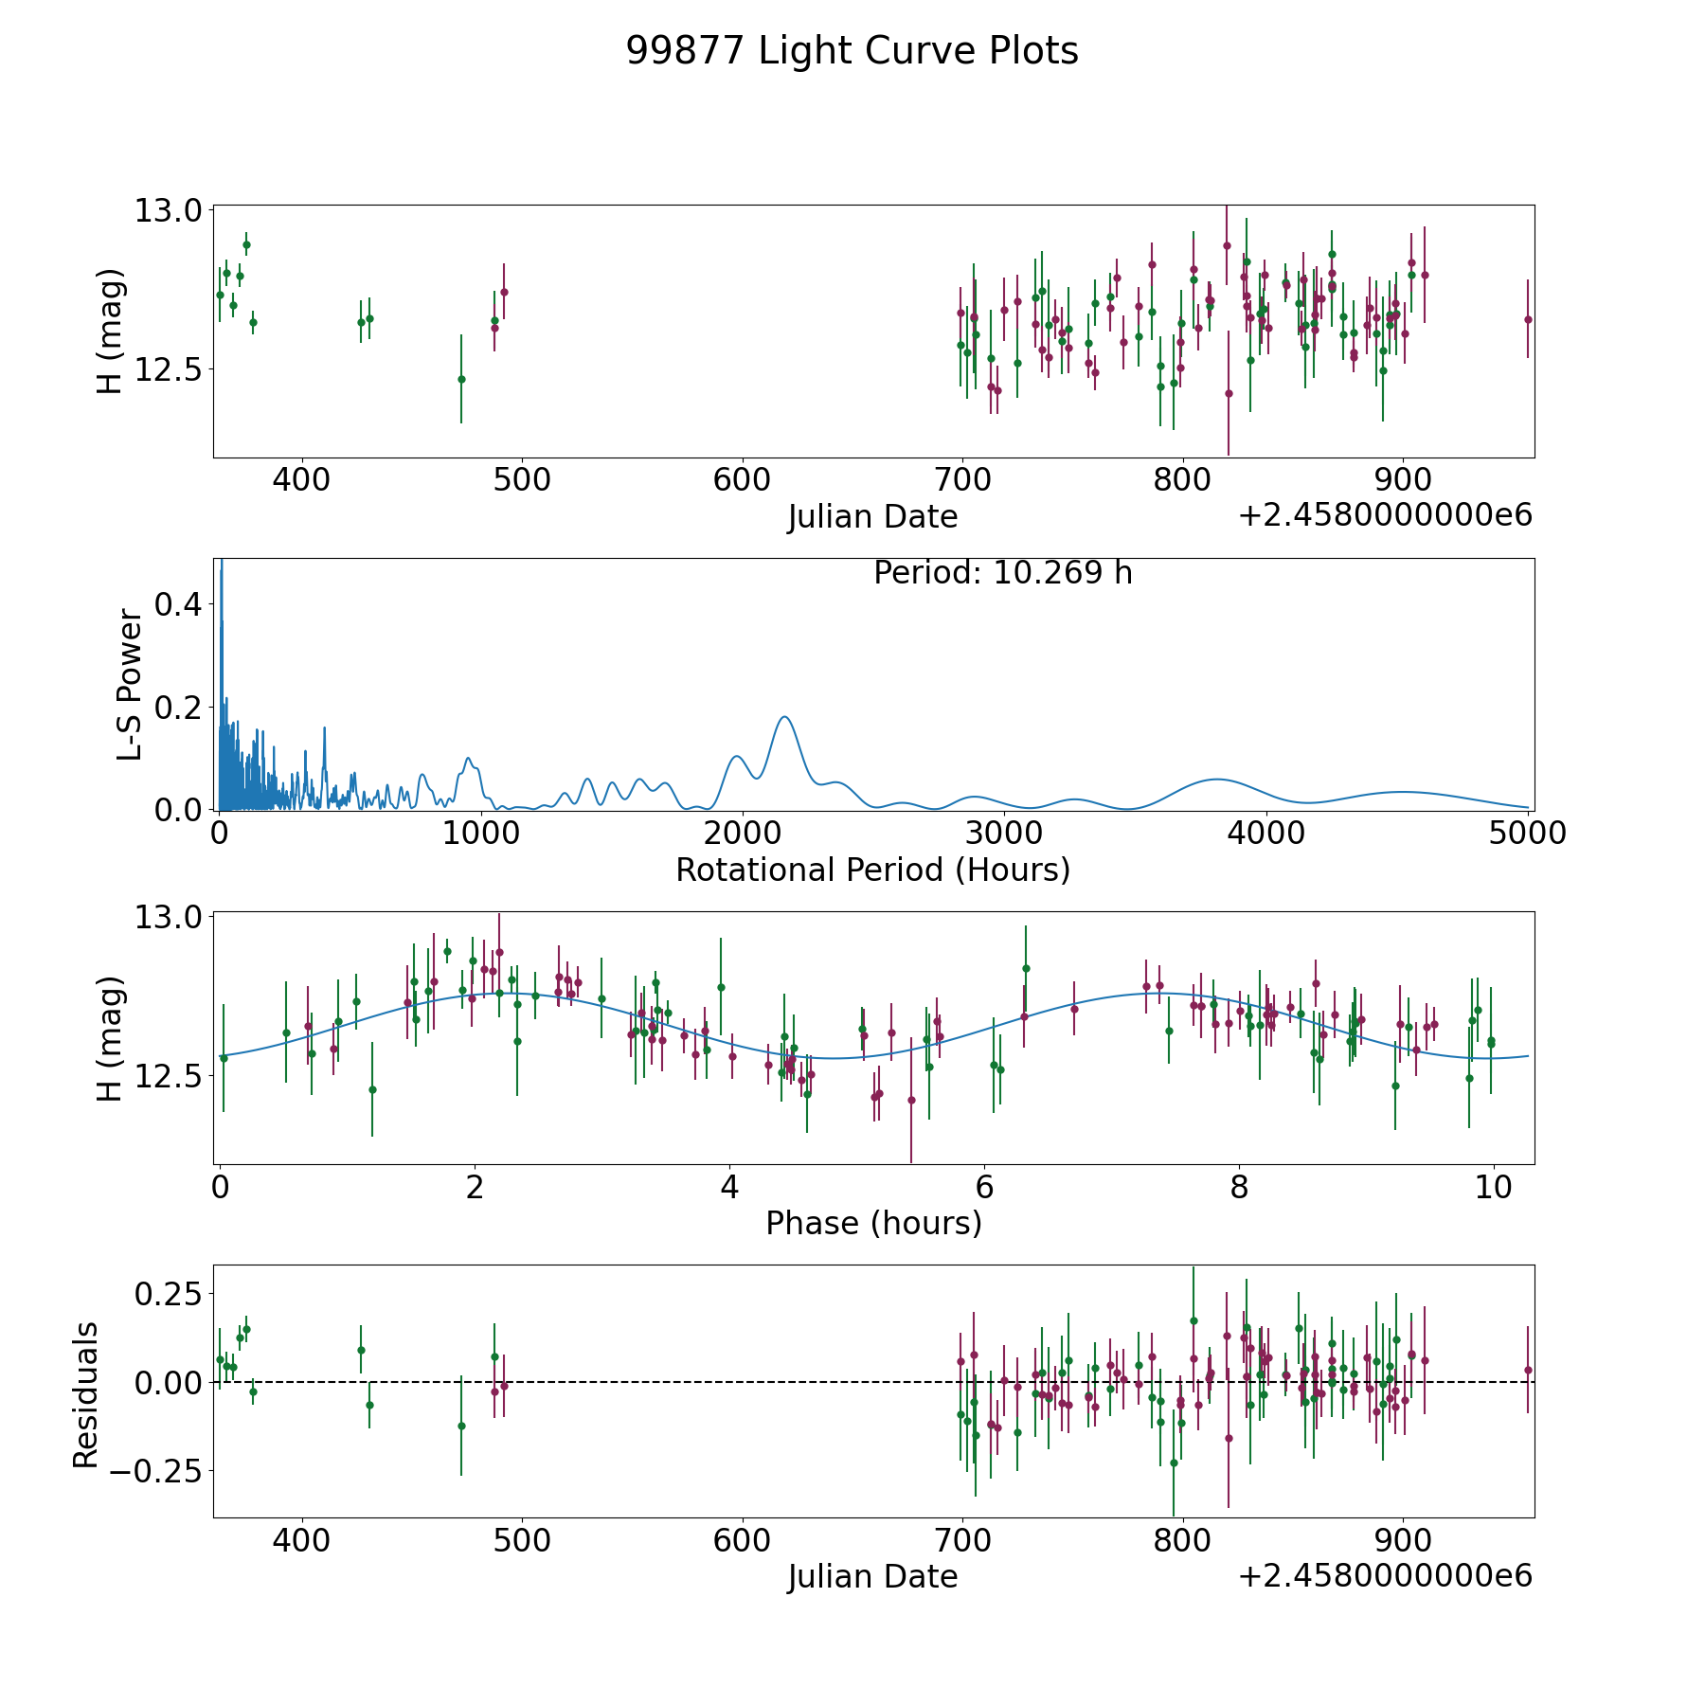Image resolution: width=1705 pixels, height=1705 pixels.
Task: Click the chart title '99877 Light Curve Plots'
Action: coord(852,51)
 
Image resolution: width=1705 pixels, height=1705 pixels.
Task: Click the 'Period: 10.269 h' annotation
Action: coord(1002,573)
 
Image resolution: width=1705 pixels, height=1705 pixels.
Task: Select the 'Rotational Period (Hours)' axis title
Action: coord(872,870)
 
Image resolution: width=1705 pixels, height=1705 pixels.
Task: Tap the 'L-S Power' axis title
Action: coord(130,685)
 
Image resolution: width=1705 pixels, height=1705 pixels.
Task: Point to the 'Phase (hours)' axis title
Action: coord(872,1223)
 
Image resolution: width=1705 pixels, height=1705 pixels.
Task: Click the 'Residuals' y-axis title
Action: coord(86,1395)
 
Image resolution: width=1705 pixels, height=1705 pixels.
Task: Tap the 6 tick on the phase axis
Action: coord(984,1187)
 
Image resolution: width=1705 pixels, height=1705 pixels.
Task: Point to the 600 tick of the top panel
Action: coord(742,480)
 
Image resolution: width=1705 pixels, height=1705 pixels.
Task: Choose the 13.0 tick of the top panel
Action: coord(168,210)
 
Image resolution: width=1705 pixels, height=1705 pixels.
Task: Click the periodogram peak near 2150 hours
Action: coord(785,717)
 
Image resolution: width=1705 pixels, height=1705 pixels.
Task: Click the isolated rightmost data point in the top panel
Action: coord(1528,319)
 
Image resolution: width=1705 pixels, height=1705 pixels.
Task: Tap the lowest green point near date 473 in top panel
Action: coord(461,379)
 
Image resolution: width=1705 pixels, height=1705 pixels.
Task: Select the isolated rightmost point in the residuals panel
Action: coord(1528,1370)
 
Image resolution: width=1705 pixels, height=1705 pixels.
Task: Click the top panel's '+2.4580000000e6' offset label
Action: coord(1385,515)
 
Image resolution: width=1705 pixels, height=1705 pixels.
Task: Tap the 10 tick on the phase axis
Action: coord(1493,1187)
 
